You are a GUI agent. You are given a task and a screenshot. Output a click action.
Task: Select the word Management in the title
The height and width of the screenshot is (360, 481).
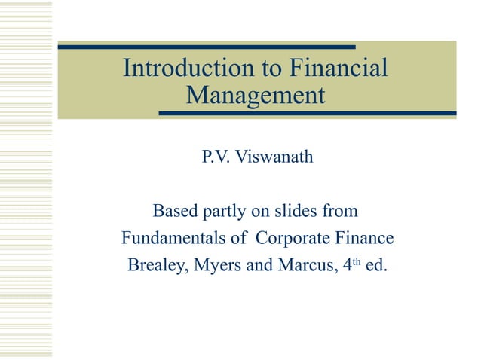[x=256, y=96]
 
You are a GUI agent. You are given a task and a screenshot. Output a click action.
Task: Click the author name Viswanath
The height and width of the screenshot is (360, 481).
[x=271, y=158]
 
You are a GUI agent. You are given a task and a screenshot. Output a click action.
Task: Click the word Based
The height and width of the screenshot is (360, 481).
[x=177, y=209]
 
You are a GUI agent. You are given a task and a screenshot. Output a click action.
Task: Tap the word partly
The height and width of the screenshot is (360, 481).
[x=229, y=209]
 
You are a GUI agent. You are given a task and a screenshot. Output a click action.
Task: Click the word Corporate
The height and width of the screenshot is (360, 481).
[x=296, y=239]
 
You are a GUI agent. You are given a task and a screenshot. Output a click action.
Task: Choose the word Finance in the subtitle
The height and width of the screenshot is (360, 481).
[x=367, y=239]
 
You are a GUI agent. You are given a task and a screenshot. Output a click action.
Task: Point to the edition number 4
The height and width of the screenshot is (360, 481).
[x=339, y=266]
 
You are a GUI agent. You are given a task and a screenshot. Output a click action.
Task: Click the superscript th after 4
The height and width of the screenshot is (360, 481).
[x=348, y=261]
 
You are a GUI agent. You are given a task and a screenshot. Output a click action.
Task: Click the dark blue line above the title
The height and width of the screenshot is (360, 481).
[x=207, y=47]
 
